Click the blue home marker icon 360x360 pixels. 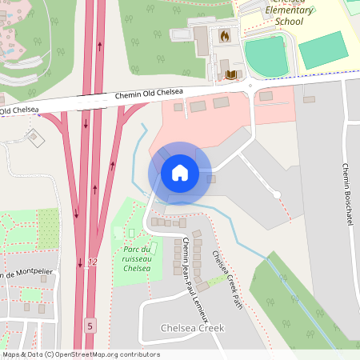[x=180, y=173]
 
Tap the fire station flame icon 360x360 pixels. [x=225, y=36]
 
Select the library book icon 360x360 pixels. [x=232, y=74]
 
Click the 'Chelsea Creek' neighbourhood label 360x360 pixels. [x=193, y=328]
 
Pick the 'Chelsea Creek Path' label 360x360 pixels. [x=226, y=273]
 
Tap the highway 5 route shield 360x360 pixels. [x=90, y=325]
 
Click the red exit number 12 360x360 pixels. [x=93, y=262]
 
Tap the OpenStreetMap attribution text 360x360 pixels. [x=80, y=354]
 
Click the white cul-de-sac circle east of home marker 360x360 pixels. [x=277, y=194]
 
